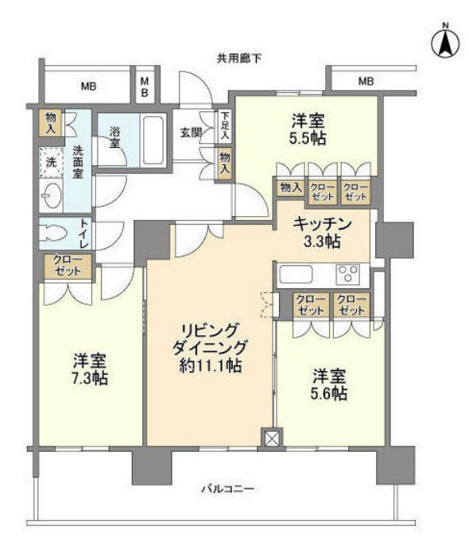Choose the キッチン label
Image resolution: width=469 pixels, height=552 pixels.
(322, 223)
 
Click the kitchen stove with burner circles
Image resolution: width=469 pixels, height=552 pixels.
(347, 274)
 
